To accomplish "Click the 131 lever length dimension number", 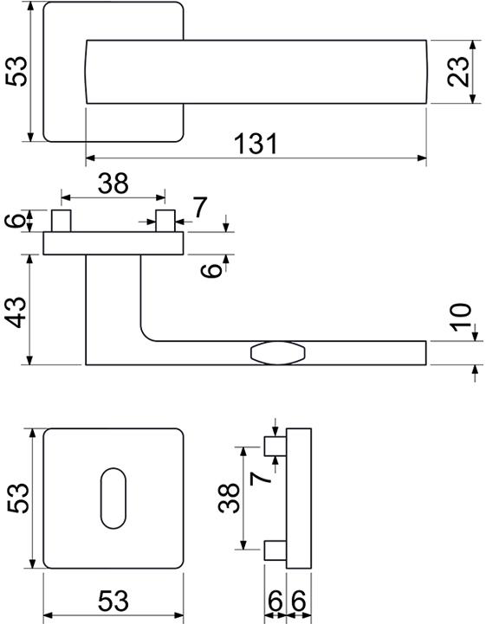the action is click(x=256, y=144).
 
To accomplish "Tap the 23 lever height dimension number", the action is click(x=457, y=72).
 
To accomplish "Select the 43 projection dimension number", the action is click(x=17, y=312).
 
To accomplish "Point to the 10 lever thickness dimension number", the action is click(x=461, y=317).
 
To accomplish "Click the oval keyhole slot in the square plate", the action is click(x=113, y=499).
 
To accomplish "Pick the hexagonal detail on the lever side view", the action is click(x=278, y=352).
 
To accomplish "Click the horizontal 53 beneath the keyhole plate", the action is click(x=113, y=601).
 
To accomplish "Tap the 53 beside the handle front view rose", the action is click(x=16, y=71).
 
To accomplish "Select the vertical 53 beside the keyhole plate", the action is click(x=17, y=499).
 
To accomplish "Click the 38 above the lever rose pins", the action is click(x=113, y=183).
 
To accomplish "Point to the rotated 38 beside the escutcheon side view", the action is click(x=229, y=499).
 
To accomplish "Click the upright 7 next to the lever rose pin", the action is click(x=200, y=208).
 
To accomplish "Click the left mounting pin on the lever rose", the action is click(x=62, y=221).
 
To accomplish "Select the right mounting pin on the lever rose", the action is click(x=165, y=221).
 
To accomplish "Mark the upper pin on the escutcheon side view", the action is click(x=275, y=447).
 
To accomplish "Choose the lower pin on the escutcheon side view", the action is click(x=275, y=550).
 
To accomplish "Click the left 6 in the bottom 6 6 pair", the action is click(x=275, y=601).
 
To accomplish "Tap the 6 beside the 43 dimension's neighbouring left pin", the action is click(x=15, y=220).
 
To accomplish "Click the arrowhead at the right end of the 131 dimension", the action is click(x=422, y=158).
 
